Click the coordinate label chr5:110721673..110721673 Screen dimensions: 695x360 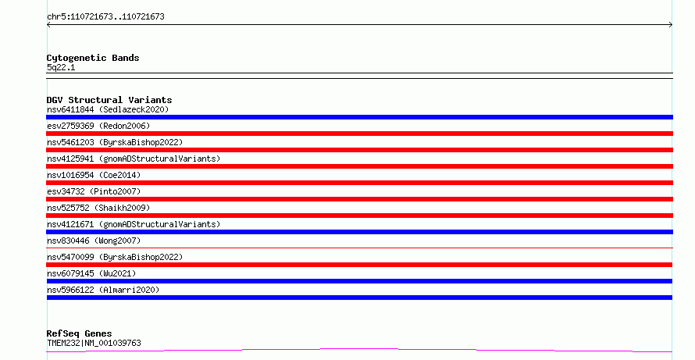coord(105,17)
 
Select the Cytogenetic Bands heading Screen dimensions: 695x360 coord(93,58)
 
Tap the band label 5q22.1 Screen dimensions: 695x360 coord(61,67)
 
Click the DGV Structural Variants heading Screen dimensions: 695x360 coord(109,100)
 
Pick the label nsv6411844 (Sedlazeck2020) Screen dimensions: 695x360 coord(108,109)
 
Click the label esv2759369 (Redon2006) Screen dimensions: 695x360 coord(98,126)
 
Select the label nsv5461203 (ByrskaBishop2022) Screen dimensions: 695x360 coord(115,142)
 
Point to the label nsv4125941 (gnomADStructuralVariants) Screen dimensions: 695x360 coord(134,159)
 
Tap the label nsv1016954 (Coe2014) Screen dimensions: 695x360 coord(94,175)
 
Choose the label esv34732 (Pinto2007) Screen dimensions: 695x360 coord(94,191)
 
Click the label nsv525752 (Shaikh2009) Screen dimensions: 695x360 coord(98,208)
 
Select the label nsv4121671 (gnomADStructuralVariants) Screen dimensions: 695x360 coord(134,224)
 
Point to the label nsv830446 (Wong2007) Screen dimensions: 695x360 coord(94,241)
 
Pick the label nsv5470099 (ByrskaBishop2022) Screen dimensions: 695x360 coord(115,257)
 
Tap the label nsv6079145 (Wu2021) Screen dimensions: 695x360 coord(91,273)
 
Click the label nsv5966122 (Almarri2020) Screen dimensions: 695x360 coord(103,290)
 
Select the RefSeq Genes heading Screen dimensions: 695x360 coord(79,333)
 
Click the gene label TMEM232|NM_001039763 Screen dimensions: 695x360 coord(94,343)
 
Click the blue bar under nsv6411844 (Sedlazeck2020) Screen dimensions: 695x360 coord(359,117)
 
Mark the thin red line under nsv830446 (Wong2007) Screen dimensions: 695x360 coord(359,248)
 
